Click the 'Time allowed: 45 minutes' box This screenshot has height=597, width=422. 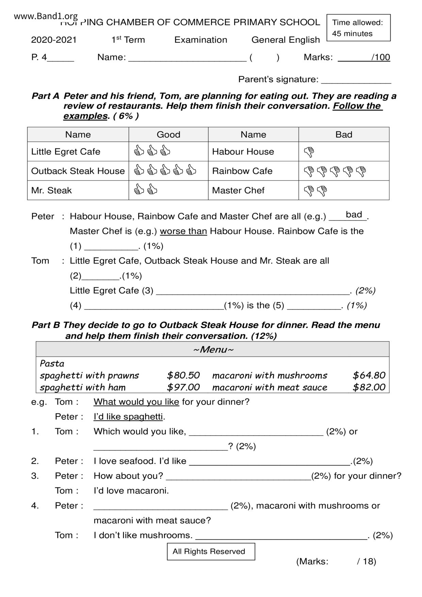point(358,28)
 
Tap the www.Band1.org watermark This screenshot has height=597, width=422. point(46,16)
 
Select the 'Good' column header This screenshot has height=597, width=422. point(168,134)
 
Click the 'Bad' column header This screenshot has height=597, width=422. point(343,134)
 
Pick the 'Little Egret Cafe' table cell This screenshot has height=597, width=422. point(66,151)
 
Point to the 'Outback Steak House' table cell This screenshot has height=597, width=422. point(78,171)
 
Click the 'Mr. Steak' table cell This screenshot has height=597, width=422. point(51,190)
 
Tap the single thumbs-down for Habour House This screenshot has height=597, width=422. point(309,152)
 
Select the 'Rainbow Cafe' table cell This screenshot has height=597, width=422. point(242,171)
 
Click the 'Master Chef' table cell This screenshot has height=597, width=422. point(238,190)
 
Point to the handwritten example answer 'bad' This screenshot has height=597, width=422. point(354,214)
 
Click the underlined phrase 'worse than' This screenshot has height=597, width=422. point(183,231)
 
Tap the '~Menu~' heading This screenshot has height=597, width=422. point(213,350)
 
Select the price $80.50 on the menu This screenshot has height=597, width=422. point(183,375)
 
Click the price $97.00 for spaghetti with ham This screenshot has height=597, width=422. point(183,387)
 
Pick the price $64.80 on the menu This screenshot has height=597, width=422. point(369,375)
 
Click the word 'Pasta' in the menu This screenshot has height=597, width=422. point(52,364)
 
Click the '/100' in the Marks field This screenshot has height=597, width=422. point(380,57)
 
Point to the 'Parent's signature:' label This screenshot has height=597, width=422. point(278,79)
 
